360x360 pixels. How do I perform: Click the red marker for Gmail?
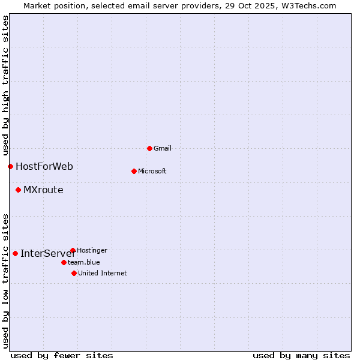[x=149, y=148]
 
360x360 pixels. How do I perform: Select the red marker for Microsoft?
[x=134, y=171]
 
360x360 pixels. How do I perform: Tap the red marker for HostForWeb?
[x=10, y=166]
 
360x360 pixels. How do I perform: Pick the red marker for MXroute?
[x=18, y=190]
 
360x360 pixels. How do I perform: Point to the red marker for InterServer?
[x=15, y=253]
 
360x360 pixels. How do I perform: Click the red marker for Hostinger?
[x=73, y=250]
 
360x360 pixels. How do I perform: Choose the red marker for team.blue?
[x=64, y=262]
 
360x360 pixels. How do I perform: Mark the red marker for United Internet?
[x=74, y=273]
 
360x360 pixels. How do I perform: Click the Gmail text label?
[x=163, y=148]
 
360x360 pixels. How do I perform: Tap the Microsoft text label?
[x=152, y=171]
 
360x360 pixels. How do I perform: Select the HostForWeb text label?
[x=44, y=166]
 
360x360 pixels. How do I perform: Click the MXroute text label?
[x=43, y=190]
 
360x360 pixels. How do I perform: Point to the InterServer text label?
[x=47, y=253]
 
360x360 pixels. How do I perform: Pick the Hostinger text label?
[x=92, y=250]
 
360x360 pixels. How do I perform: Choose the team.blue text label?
[x=84, y=262]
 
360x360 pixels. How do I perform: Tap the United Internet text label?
[x=103, y=273]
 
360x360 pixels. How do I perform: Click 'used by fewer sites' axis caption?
[x=62, y=355]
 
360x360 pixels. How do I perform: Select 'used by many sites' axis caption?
[x=301, y=355]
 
